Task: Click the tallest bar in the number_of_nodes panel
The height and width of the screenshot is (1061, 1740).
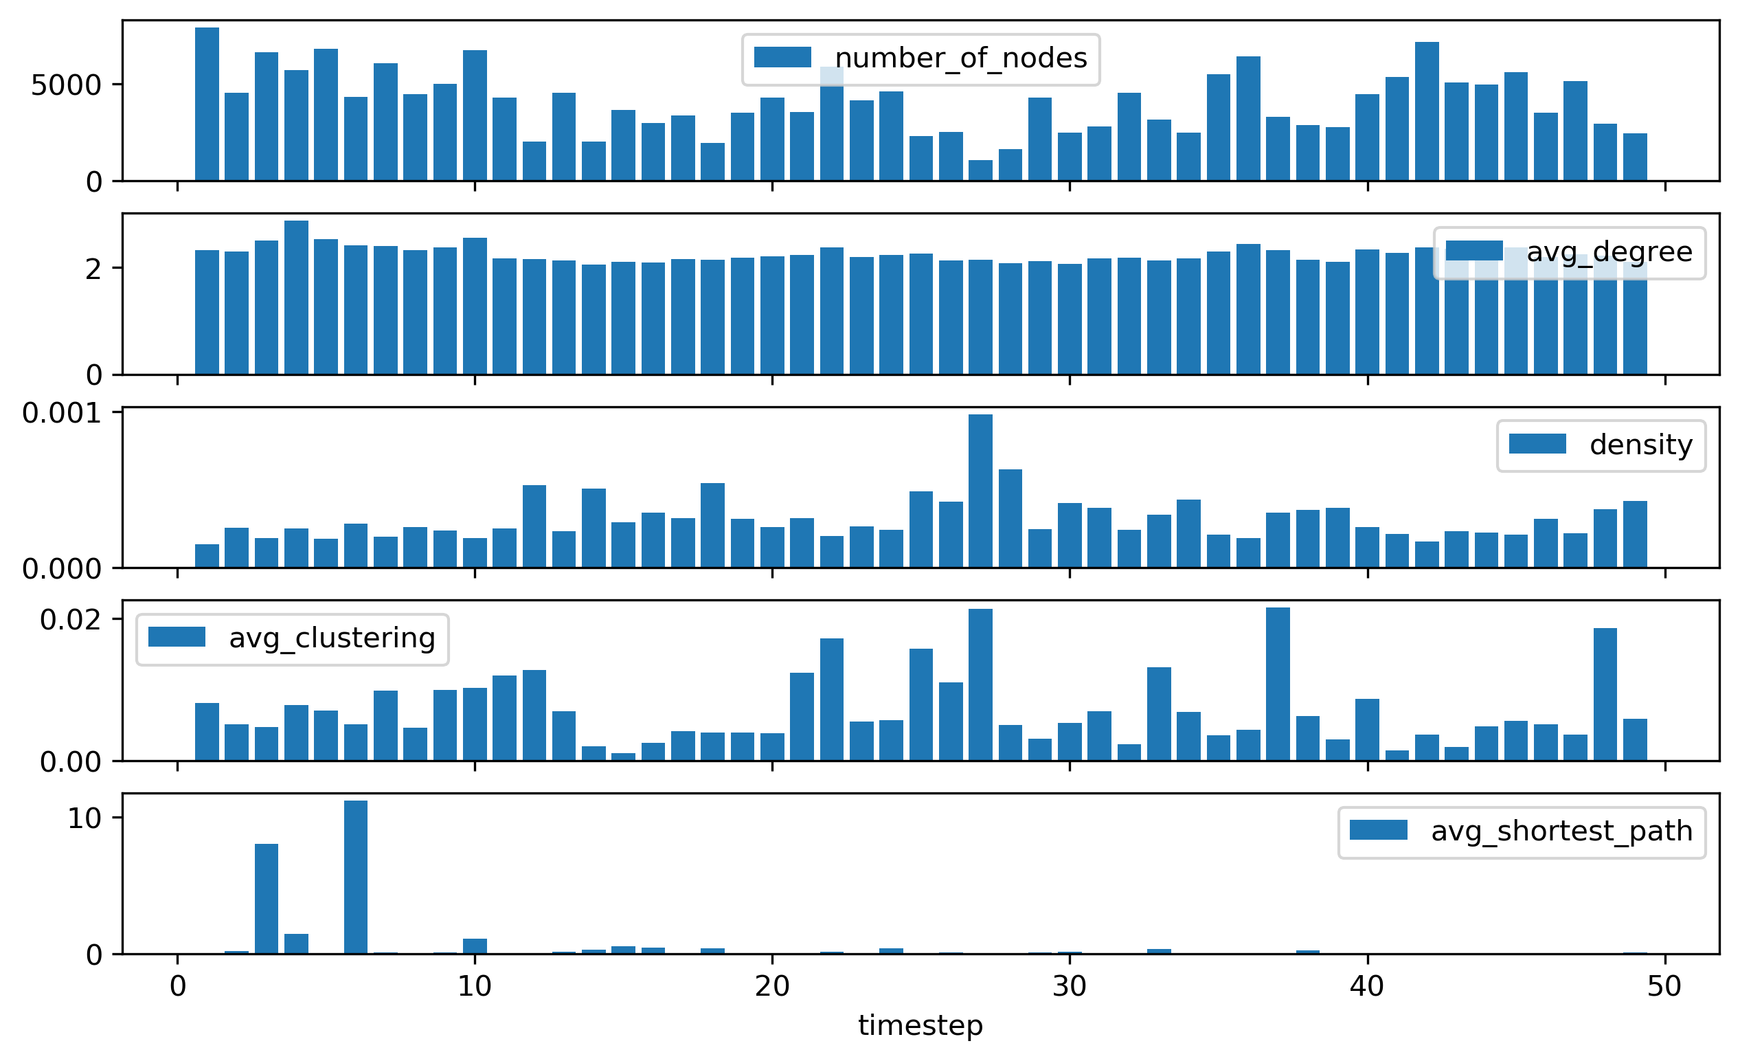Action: pos(207,104)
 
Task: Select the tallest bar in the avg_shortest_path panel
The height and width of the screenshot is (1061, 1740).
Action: pos(356,878)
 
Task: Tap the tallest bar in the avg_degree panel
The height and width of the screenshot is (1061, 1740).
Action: pos(296,298)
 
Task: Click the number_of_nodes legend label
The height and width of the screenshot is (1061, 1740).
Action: pos(960,58)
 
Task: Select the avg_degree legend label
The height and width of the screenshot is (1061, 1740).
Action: pos(1609,252)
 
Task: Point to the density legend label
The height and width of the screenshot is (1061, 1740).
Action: pos(1640,445)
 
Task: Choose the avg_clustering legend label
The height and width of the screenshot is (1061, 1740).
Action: pos(332,638)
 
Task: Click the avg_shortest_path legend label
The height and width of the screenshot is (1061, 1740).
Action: pos(1561,831)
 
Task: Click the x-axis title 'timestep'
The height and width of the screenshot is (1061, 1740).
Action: pos(920,1025)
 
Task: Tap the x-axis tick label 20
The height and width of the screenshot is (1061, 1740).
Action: pos(772,986)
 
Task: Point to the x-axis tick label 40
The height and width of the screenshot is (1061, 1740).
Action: pos(1367,986)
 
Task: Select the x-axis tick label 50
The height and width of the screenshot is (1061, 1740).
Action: pos(1664,986)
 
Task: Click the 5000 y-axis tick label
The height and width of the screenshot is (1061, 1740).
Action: pos(67,85)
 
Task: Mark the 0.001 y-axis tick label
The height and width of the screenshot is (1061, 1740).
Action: pos(62,413)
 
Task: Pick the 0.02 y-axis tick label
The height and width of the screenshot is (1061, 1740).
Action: pos(71,621)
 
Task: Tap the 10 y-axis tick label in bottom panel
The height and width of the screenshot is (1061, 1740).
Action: pos(84,818)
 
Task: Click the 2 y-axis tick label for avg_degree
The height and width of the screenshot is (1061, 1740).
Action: pos(93,269)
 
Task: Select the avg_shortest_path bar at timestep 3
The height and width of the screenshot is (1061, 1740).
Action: pos(267,899)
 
